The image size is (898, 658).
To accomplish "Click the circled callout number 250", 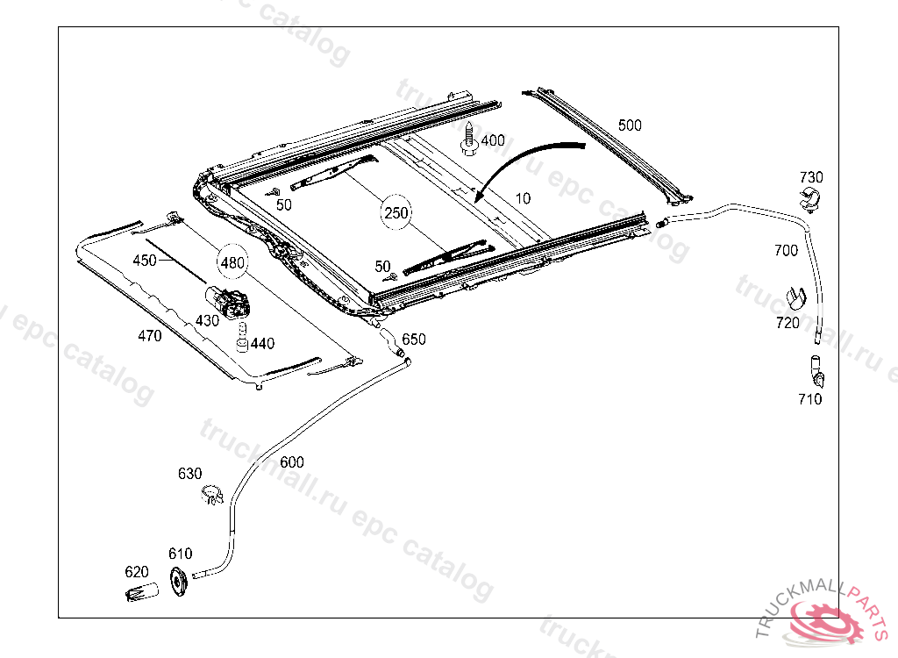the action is tap(396, 212).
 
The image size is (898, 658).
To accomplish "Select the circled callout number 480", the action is tap(232, 261).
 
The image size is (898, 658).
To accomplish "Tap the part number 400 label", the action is tap(493, 140).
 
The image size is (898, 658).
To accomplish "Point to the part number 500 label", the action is tap(630, 125).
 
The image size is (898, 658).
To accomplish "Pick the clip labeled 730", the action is tap(813, 200).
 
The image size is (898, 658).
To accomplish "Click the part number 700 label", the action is tap(786, 251).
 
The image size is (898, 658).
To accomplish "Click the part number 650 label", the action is tap(413, 340).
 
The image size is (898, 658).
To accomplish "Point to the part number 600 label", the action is tap(292, 462).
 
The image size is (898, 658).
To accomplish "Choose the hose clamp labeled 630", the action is tap(211, 495).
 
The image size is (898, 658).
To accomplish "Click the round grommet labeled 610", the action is tap(180, 583).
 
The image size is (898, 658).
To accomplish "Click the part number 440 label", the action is tap(262, 344).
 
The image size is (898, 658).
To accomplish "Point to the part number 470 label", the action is tap(150, 336).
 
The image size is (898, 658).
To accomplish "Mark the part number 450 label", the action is tap(145, 261).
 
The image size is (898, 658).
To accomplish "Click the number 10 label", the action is tap(523, 198).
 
